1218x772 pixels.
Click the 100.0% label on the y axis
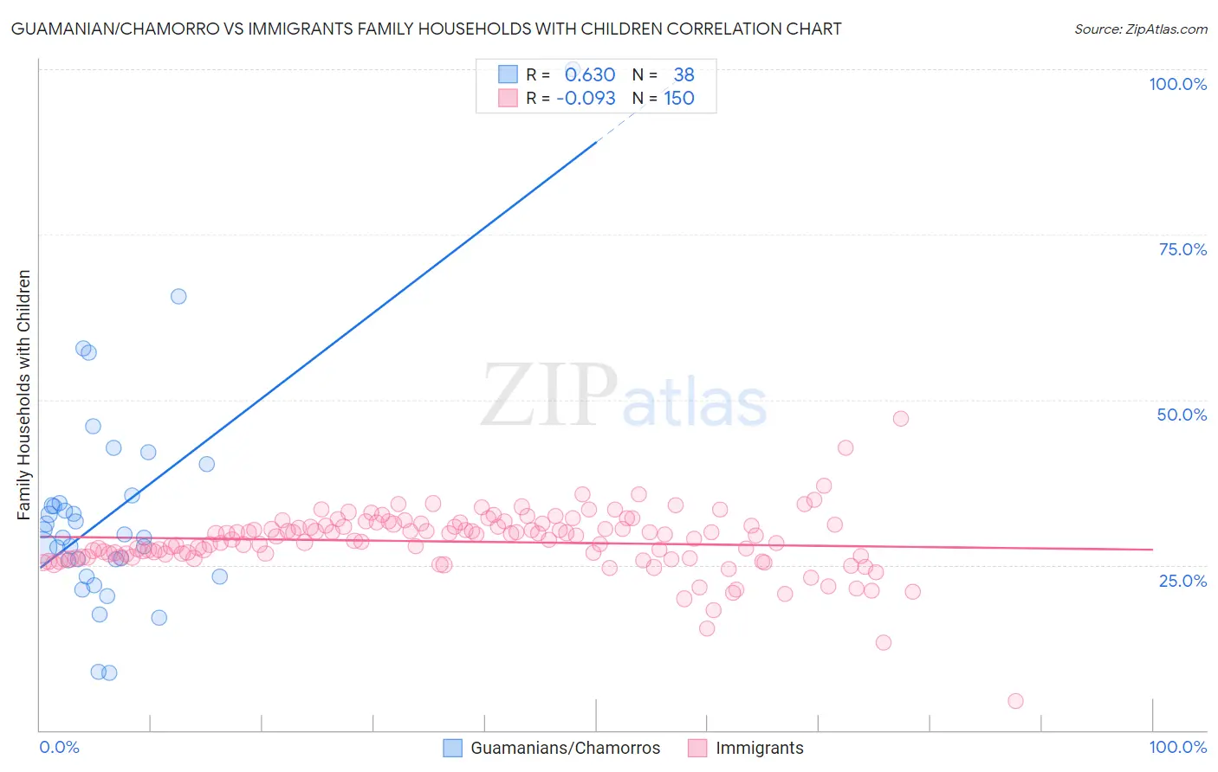pos(1177,84)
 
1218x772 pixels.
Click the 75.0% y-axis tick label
pos(1182,249)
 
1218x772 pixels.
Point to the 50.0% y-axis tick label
pos(1182,415)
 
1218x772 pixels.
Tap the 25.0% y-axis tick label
pos(1182,580)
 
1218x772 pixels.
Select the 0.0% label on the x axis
pos(59,747)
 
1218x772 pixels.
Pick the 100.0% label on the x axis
pos(1177,747)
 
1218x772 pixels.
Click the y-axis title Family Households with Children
pos(24,395)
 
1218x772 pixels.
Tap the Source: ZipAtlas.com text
pos(1140,29)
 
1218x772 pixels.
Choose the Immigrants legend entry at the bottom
pos(759,748)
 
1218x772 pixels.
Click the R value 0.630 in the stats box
pos(590,75)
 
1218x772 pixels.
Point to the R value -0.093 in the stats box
pos(586,99)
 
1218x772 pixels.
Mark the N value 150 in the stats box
pos(679,99)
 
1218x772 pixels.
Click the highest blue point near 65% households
pos(178,296)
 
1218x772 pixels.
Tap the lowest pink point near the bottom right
pos(1015,701)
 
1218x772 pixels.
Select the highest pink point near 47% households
pos(900,418)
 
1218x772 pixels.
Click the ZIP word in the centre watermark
pos(548,396)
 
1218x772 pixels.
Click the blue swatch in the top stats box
pos(508,74)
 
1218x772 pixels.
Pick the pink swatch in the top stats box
pos(508,98)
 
